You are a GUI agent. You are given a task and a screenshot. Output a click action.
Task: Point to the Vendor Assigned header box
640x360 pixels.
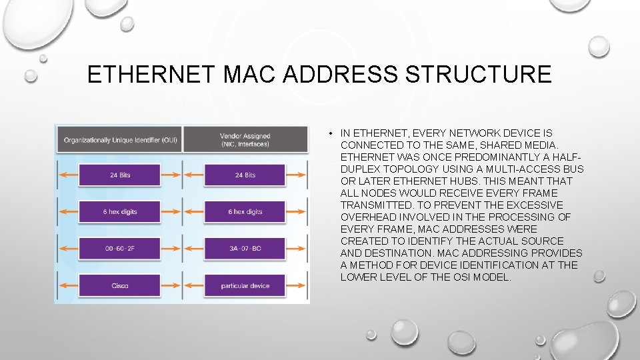(245, 139)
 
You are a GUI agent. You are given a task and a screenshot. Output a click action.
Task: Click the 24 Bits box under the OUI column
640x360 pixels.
(120, 175)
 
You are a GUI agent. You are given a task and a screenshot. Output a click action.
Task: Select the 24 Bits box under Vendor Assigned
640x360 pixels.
(245, 175)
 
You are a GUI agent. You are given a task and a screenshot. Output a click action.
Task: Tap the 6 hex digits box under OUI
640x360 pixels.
(120, 212)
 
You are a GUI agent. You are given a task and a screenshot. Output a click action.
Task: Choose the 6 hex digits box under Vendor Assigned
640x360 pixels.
(245, 212)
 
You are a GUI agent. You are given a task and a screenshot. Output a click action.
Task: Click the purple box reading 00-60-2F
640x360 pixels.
(120, 249)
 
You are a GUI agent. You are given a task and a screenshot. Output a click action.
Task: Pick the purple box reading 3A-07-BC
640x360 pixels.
(245, 249)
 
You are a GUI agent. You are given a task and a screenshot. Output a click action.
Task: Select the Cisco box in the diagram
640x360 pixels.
(120, 286)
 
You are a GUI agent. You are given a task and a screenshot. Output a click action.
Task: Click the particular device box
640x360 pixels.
(245, 286)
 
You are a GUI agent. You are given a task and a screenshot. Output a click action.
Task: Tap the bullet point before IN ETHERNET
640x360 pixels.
(331, 133)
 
